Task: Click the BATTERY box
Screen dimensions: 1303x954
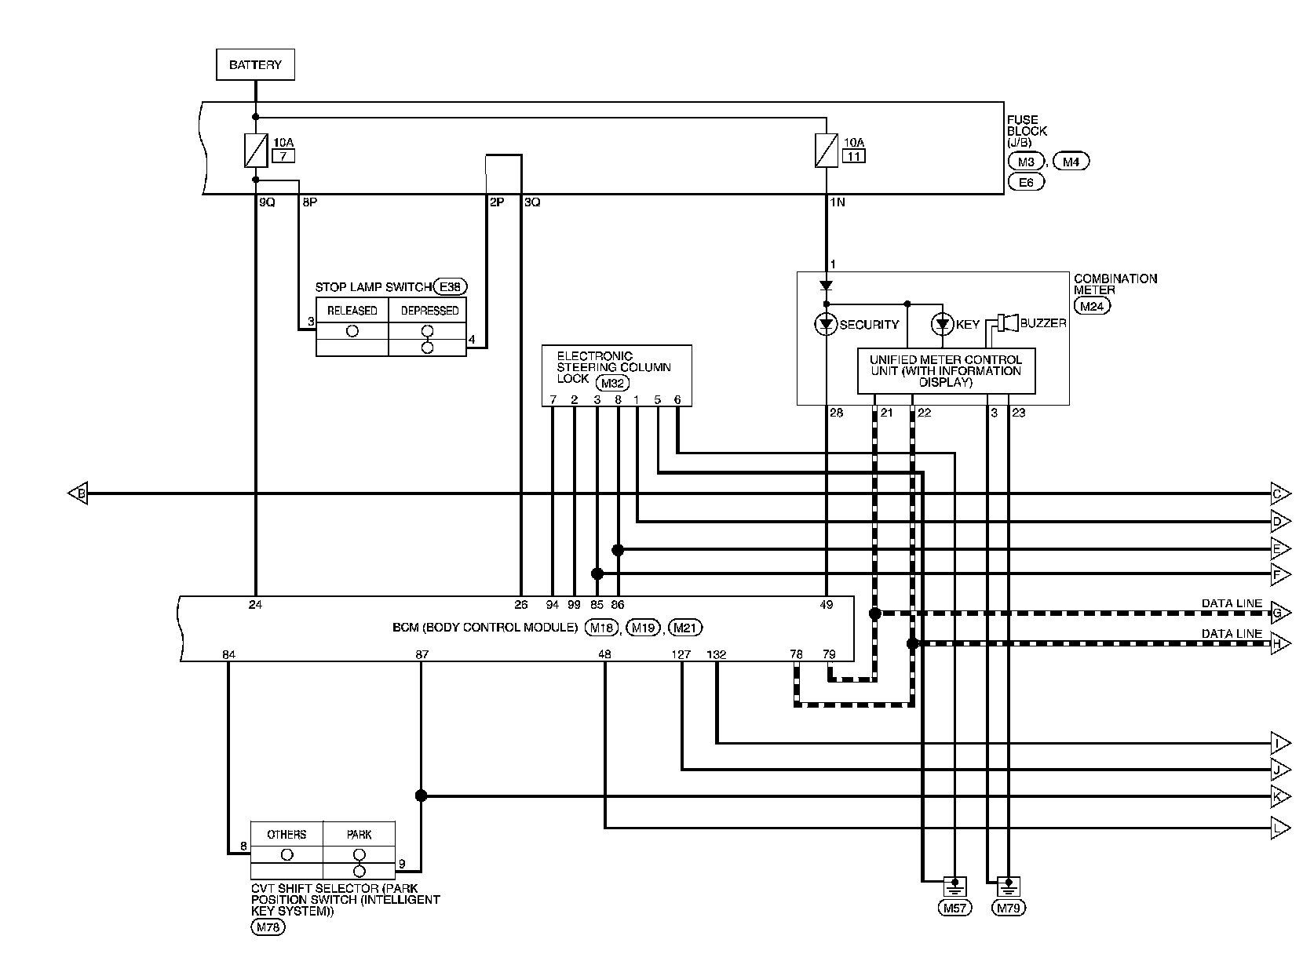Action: click(x=255, y=64)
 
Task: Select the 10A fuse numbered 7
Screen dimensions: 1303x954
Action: click(x=256, y=151)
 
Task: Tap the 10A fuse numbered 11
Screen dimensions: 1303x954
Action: click(x=827, y=151)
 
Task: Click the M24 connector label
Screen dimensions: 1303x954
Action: click(x=1092, y=307)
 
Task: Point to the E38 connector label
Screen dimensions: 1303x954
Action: click(x=451, y=286)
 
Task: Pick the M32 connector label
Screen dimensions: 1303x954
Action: click(x=612, y=383)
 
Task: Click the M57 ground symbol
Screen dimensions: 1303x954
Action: click(x=954, y=887)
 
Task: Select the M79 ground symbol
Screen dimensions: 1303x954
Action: click(x=1009, y=887)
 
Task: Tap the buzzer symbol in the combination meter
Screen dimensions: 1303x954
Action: click(x=1008, y=322)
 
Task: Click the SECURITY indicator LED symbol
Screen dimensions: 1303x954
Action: click(x=826, y=324)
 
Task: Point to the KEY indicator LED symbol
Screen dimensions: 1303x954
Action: click(x=943, y=324)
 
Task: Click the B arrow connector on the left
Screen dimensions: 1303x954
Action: click(x=78, y=493)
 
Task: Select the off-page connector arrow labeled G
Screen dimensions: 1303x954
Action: click(x=1280, y=613)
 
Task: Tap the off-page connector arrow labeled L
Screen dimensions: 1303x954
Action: click(x=1280, y=828)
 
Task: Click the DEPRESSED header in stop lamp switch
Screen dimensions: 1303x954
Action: click(x=429, y=311)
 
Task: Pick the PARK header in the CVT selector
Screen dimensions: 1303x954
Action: click(x=359, y=834)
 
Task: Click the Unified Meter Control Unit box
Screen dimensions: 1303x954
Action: click(x=947, y=371)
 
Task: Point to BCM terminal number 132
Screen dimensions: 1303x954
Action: click(x=717, y=654)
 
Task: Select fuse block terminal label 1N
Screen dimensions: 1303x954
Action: click(x=837, y=202)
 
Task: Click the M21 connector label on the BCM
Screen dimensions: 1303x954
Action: click(x=685, y=628)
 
